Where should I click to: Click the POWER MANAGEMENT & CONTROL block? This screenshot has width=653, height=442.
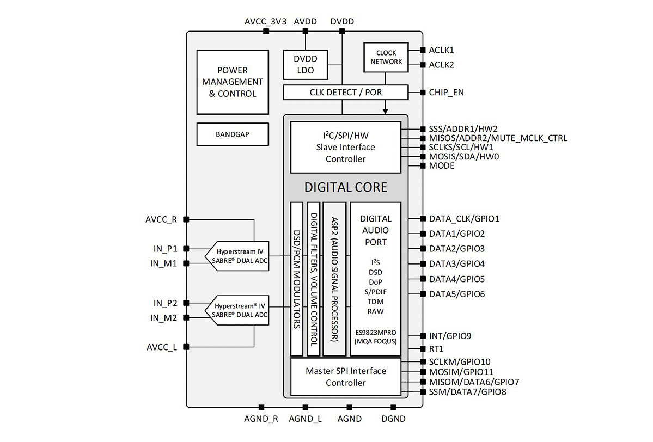(x=233, y=82)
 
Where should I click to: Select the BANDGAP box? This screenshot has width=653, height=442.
(x=233, y=134)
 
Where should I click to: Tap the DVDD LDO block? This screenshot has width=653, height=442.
(x=305, y=65)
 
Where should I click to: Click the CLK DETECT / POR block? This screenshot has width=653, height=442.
(x=345, y=93)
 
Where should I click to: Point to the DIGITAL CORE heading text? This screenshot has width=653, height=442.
(x=345, y=187)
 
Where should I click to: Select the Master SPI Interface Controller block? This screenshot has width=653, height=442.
(x=345, y=377)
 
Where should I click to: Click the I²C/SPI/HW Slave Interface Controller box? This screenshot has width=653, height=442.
(x=345, y=147)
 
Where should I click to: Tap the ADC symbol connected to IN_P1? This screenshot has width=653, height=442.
(x=237, y=256)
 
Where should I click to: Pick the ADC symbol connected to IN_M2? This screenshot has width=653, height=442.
(x=237, y=310)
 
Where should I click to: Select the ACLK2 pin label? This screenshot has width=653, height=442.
(x=441, y=65)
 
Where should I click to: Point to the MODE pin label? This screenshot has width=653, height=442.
(x=442, y=165)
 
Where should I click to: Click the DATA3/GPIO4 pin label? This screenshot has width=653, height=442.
(x=456, y=264)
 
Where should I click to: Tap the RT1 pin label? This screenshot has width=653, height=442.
(x=436, y=349)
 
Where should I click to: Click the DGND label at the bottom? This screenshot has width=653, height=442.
(x=393, y=419)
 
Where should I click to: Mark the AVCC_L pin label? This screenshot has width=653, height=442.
(x=162, y=347)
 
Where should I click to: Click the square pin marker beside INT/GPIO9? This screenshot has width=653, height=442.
(x=423, y=336)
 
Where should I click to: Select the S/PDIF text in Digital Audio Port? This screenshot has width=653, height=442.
(x=375, y=292)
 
